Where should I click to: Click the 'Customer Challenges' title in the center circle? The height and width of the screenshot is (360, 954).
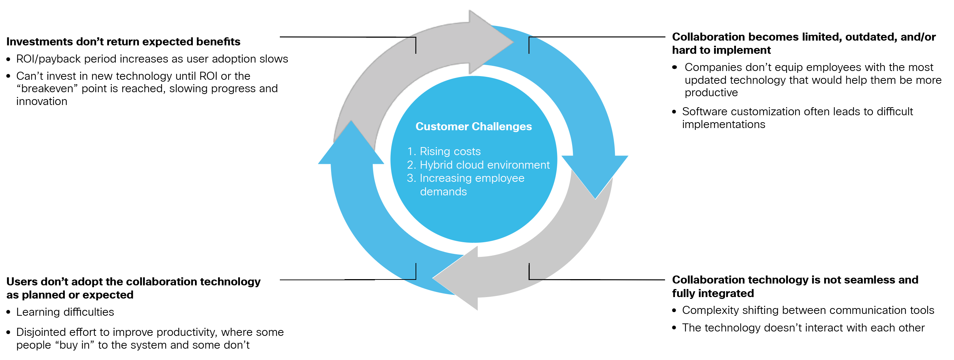[x=473, y=127]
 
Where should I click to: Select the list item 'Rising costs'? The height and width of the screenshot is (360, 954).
[x=450, y=151]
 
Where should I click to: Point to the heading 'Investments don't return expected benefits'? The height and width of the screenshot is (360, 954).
[x=123, y=41]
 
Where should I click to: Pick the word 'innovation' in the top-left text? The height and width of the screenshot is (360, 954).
[x=42, y=101]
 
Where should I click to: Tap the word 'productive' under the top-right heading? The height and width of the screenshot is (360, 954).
[x=711, y=93]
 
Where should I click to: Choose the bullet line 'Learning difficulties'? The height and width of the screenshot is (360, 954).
[x=65, y=312]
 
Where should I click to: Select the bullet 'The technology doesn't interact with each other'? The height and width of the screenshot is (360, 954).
[x=803, y=328]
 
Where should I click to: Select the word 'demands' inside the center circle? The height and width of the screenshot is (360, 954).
[x=443, y=192]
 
